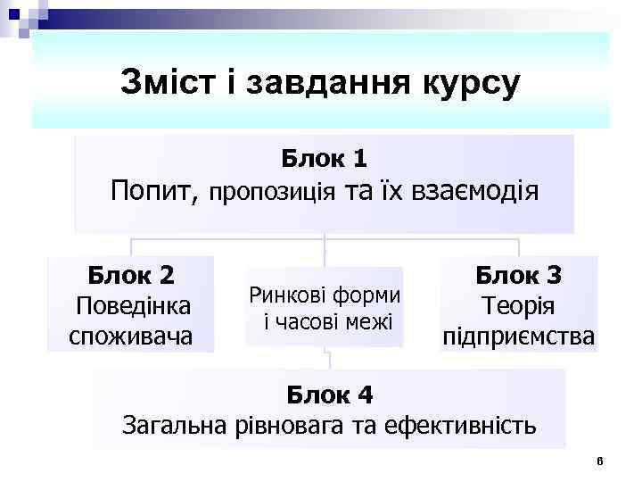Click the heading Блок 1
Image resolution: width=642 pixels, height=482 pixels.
pos(324,159)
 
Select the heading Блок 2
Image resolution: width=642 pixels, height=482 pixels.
pos(131,274)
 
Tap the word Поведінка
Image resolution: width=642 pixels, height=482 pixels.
pos(133,305)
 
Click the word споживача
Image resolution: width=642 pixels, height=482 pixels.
pos(131,336)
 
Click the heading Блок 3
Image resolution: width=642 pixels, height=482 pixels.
pos(518,274)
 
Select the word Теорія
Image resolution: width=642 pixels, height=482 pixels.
pos(517,305)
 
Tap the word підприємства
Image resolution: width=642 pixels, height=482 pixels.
pos(518,337)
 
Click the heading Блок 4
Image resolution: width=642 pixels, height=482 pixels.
pos(329,394)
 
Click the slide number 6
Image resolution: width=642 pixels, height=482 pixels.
pos(600,461)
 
